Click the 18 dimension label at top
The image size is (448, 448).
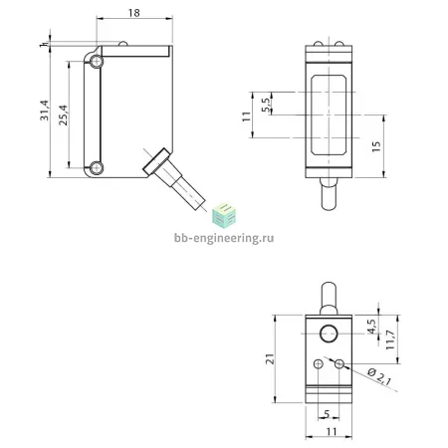tap(134, 13)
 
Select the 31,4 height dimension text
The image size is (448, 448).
tap(45, 111)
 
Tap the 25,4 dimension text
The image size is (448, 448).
tap(63, 115)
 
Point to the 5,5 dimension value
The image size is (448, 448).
tap(267, 105)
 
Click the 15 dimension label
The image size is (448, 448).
tap(376, 146)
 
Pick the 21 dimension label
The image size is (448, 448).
tap(271, 359)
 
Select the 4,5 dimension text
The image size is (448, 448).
tap(372, 327)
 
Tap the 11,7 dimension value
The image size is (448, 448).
tap(390, 339)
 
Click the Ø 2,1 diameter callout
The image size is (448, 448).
tap(379, 377)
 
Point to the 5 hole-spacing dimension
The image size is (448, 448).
tap(327, 414)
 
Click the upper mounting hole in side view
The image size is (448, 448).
tap(97, 62)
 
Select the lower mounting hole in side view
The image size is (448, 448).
tap(97, 168)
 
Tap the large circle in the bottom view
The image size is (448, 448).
tap(329, 334)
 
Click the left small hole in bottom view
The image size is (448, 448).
tap(319, 364)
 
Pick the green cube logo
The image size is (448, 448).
tap(224, 216)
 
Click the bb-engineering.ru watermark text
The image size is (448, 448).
tap(224, 238)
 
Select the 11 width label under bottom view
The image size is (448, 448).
tap(332, 431)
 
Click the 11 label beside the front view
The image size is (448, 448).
tap(247, 116)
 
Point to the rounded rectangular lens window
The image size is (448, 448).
tap(329, 114)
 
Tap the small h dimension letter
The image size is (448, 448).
tap(42, 45)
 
